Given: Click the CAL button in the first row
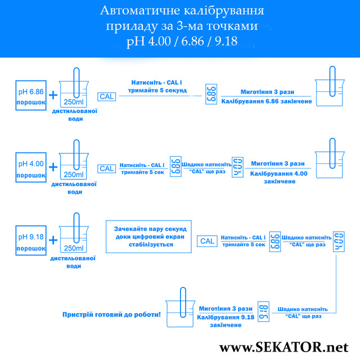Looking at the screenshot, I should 106,96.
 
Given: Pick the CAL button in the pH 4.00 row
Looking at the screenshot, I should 106,168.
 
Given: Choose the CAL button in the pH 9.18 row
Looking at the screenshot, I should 207,241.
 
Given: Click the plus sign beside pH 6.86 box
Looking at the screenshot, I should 53,95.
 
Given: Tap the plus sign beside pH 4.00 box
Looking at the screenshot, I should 53,168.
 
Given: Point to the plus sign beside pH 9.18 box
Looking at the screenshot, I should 53,241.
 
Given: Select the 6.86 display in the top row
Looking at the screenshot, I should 211,96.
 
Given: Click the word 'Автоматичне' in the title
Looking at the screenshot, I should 135,11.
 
